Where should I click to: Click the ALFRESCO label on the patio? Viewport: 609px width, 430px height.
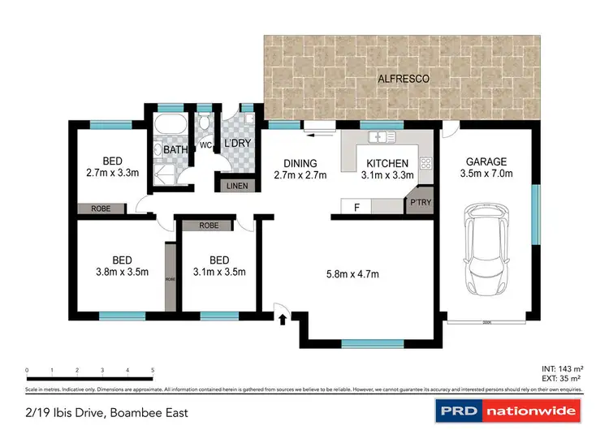(x=404, y=79)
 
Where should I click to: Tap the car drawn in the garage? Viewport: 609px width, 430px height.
(x=487, y=252)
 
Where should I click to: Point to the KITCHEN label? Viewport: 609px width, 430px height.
(x=387, y=163)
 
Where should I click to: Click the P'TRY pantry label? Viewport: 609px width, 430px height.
(x=420, y=203)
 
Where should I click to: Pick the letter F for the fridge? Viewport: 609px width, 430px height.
(x=356, y=207)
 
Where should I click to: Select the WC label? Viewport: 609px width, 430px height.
(x=205, y=146)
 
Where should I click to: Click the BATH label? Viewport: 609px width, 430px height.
(x=175, y=149)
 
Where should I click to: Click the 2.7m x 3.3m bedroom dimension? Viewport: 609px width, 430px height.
(x=113, y=173)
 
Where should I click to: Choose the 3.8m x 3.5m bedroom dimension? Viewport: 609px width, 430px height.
(x=122, y=272)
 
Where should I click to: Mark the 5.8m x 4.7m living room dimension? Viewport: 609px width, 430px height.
(x=353, y=273)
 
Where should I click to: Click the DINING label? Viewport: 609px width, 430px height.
(x=300, y=163)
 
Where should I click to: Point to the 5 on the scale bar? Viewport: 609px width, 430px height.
(x=153, y=370)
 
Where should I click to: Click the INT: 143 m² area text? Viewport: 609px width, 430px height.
(x=561, y=368)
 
